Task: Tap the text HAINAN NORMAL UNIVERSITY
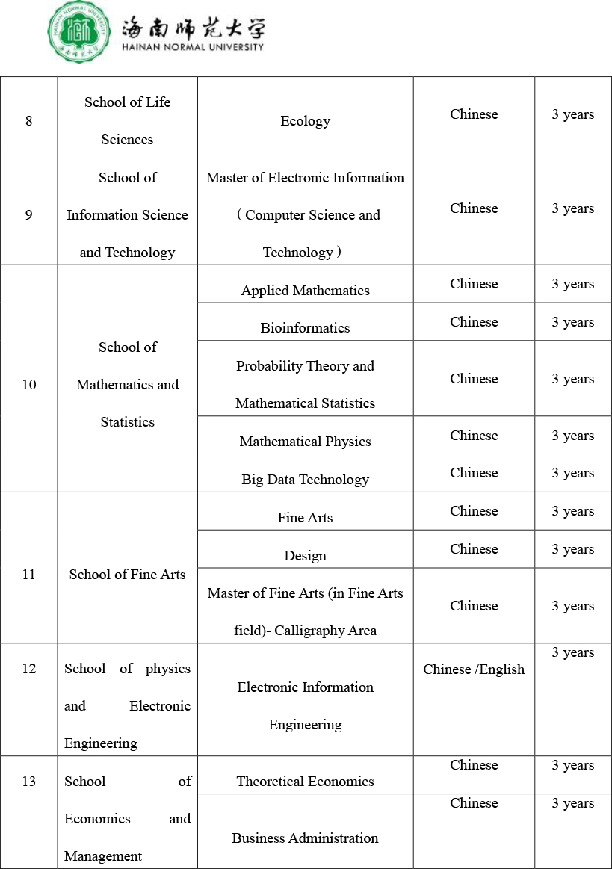[x=193, y=47]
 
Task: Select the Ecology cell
[x=305, y=121]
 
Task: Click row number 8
[x=29, y=120]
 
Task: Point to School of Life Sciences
[x=127, y=120]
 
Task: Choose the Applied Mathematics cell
[x=305, y=291]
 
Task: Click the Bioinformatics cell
[x=305, y=328]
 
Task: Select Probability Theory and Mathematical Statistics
[x=305, y=384]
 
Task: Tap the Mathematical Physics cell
[x=305, y=442]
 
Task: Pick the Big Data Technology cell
[x=305, y=480]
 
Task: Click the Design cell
[x=305, y=556]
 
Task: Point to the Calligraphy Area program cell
[x=305, y=611]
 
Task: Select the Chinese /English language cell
[x=474, y=669]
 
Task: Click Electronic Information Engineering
[x=305, y=705]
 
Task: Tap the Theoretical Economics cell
[x=305, y=782]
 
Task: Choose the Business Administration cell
[x=305, y=838]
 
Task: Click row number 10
[x=29, y=385]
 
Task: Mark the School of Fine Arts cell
[x=127, y=575]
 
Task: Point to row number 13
[x=29, y=782]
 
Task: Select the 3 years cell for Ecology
[x=572, y=115]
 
